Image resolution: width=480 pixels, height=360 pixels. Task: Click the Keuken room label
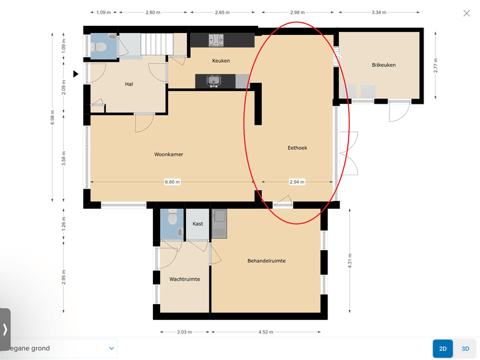(221, 61)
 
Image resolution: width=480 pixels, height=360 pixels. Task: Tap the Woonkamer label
(169, 154)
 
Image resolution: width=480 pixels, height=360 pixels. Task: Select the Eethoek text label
(297, 148)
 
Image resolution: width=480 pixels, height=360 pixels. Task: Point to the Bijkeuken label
(383, 65)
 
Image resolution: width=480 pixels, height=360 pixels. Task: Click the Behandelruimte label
(266, 261)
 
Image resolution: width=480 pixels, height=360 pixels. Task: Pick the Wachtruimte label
(185, 279)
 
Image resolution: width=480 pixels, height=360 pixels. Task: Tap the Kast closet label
(198, 224)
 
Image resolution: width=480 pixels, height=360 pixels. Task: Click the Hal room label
(129, 84)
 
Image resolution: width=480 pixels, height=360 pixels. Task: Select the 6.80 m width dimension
(172, 182)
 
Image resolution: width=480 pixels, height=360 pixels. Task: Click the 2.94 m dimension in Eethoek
(297, 182)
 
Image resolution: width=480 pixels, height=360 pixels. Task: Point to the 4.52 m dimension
(266, 332)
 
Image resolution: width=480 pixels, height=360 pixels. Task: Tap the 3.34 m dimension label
(379, 12)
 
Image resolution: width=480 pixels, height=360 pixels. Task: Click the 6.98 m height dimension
(52, 117)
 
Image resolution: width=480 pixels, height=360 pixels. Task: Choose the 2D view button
(443, 349)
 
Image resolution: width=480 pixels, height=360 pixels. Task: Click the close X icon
(467, 13)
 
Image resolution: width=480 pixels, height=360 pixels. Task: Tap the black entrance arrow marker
(76, 74)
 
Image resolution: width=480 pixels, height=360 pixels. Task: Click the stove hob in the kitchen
(216, 40)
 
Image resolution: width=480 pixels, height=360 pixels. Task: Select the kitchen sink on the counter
(214, 81)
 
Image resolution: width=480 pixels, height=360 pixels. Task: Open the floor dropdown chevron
(112, 349)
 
